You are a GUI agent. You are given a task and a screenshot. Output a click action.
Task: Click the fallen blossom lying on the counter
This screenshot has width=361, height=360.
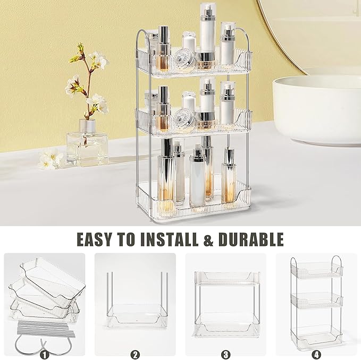coord(51,159)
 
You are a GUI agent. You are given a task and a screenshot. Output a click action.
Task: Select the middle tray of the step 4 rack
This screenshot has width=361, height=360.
coord(316,301)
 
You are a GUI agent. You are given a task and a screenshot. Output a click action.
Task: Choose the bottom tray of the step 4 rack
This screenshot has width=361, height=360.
coord(316,333)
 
